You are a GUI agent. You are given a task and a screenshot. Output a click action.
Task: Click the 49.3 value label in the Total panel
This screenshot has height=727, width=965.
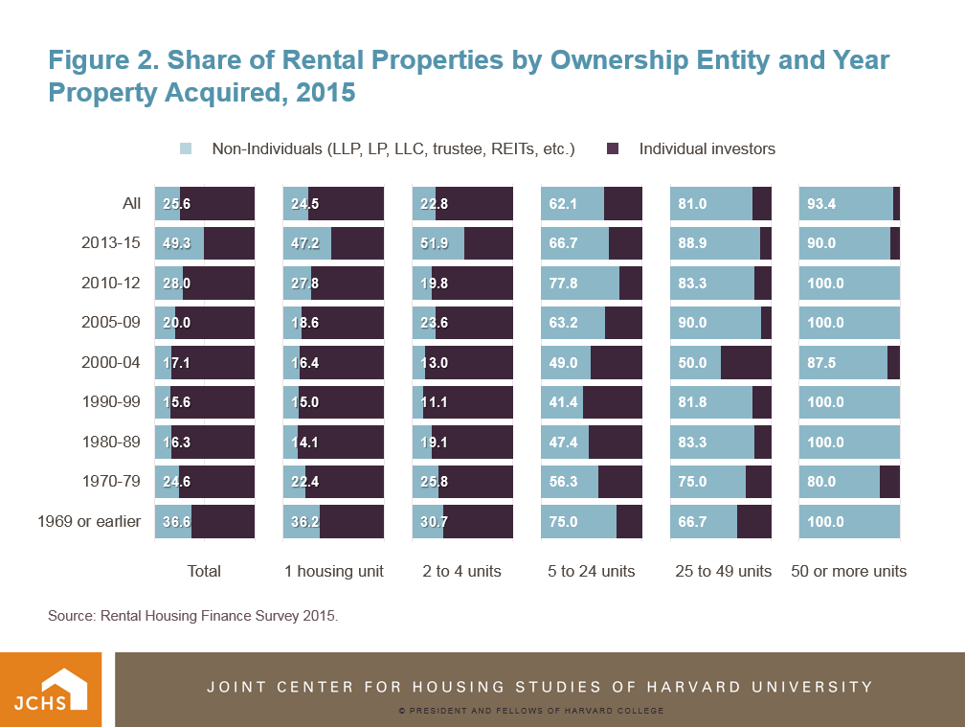coord(176,243)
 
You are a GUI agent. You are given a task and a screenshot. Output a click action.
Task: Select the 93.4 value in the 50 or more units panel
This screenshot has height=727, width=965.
coord(820,203)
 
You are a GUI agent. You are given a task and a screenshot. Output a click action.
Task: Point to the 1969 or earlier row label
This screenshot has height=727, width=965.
coord(89,522)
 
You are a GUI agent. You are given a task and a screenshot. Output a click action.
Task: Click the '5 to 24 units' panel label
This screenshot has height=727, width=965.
coord(592,571)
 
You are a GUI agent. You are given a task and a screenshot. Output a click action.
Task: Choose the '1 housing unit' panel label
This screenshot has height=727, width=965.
coord(334,571)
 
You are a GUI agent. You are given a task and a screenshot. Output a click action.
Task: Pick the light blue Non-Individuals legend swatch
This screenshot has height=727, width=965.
coord(186,148)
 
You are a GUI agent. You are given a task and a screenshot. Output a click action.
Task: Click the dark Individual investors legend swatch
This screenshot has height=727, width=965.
coord(614,148)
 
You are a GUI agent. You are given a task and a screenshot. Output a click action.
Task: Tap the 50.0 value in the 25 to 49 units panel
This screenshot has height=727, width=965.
coord(691,363)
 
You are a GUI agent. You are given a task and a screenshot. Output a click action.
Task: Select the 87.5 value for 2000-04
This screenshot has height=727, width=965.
coord(820,363)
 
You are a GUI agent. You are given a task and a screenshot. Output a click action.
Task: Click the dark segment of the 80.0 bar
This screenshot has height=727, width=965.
coord(889,482)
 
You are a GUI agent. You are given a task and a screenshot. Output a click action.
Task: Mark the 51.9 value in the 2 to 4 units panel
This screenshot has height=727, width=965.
coord(434,243)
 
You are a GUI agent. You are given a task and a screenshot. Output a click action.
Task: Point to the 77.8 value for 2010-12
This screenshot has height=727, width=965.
coord(563,283)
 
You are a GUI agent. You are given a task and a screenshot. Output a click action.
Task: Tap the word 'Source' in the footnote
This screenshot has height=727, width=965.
coord(70,616)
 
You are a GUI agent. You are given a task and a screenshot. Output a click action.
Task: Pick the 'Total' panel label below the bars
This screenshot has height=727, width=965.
coord(204,571)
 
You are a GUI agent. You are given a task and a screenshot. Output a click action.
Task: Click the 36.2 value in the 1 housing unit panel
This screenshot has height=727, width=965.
coord(304,522)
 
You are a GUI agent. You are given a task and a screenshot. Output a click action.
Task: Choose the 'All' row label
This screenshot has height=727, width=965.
coord(131,203)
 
